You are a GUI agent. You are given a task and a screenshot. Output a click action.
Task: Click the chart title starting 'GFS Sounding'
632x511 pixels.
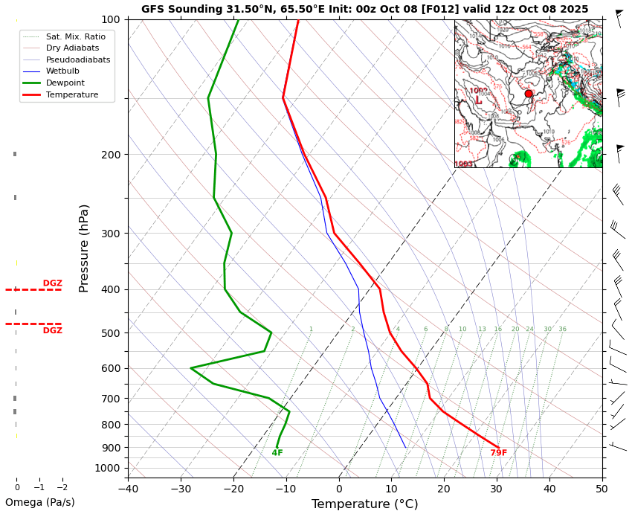pyautogui.click(x=364, y=10)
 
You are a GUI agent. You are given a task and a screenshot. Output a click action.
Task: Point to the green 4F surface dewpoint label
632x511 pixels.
pyautogui.click(x=277, y=453)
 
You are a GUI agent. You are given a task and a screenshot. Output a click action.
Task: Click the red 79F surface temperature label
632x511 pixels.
pyautogui.click(x=498, y=453)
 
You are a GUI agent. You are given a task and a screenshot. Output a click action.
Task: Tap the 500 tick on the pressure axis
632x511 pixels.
pyautogui.click(x=110, y=333)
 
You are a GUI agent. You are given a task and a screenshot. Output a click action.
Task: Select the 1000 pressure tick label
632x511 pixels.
pyautogui.click(x=107, y=468)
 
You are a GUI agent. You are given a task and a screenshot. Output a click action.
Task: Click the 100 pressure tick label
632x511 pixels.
pyautogui.click(x=110, y=19)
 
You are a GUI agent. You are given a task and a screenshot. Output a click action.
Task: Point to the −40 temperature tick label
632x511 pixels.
pyautogui.click(x=128, y=489)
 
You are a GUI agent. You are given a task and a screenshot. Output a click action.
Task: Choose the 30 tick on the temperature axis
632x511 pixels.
pyautogui.click(x=497, y=489)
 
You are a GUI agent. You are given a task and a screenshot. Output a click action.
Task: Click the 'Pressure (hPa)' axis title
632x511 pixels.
pyautogui.click(x=84, y=248)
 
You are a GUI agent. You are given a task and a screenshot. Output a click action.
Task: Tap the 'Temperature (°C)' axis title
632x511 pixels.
pyautogui.click(x=364, y=504)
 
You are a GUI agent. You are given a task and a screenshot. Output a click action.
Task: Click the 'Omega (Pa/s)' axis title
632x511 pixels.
pyautogui.click(x=40, y=502)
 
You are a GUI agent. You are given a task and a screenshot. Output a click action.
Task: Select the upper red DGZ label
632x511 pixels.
pyautogui.click(x=52, y=283)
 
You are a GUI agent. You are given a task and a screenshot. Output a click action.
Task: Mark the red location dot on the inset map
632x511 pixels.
pyautogui.click(x=529, y=94)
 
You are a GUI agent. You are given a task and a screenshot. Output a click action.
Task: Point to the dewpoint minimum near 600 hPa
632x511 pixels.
pyautogui.click(x=191, y=367)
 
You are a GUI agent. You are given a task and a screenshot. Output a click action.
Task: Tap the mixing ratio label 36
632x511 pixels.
pyautogui.click(x=562, y=330)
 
